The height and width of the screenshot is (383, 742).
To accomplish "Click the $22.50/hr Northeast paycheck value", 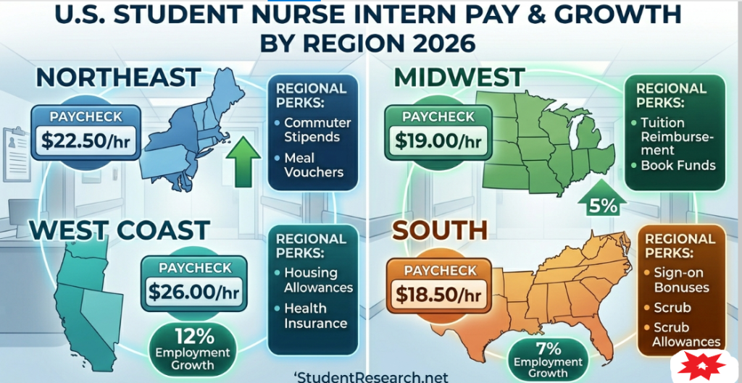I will pos(86,141).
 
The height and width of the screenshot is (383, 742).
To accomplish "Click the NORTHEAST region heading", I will pos(118,77).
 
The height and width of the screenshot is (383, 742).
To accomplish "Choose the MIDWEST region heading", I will pos(459,77).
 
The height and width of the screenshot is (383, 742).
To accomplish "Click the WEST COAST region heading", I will pos(120,230).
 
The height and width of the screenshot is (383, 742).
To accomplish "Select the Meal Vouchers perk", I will pos(313,164).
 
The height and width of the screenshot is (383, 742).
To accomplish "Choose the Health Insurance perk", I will pos(315,316).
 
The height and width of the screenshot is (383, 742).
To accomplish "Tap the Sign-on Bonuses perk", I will pos(681,280).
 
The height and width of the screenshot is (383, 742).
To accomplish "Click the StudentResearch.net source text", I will pos(371,376).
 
